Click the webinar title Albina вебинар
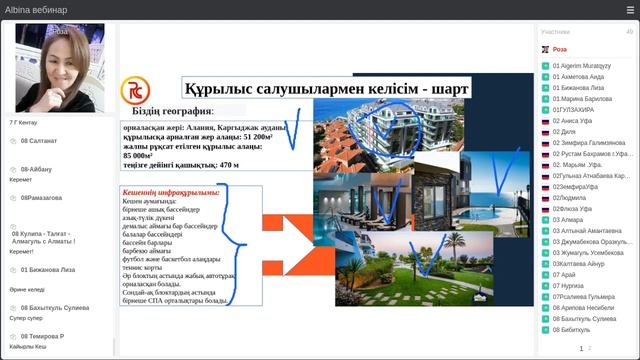pyautogui.click(x=36, y=10)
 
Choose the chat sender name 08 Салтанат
pyautogui.click(x=39, y=141)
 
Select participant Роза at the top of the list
pyautogui.click(x=560, y=49)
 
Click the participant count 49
pyautogui.click(x=629, y=32)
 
